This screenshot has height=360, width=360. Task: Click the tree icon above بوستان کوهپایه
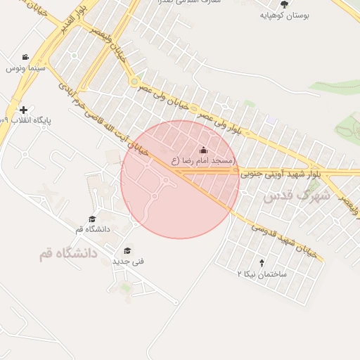click(x=284, y=4)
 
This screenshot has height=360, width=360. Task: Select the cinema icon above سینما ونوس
click(x=25, y=58)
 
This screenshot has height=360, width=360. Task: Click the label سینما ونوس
click(x=25, y=68)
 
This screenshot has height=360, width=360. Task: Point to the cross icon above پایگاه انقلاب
click(x=25, y=110)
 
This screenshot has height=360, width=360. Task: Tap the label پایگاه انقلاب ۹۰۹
click(x=30, y=120)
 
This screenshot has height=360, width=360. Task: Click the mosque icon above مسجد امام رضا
click(x=204, y=150)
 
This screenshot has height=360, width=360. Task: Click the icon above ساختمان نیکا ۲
click(x=262, y=263)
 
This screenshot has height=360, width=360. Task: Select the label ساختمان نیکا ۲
click(x=262, y=274)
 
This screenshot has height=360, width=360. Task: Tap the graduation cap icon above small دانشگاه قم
click(x=92, y=219)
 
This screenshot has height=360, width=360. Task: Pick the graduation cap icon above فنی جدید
click(x=127, y=250)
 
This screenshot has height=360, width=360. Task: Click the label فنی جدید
click(x=128, y=261)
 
